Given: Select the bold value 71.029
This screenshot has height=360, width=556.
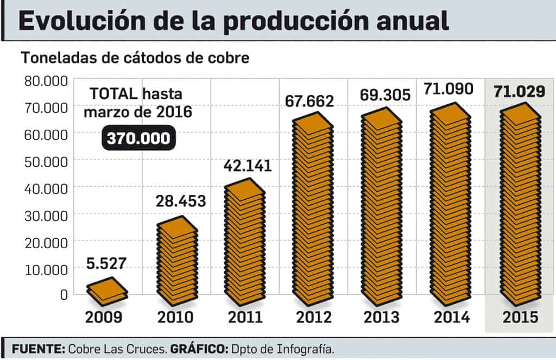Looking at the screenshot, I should point(520,91).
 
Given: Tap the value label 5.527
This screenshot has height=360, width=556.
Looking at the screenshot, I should point(106,264).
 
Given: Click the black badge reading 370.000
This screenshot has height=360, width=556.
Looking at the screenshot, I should point(138,138).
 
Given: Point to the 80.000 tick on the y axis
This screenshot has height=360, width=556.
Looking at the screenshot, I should point(46,81).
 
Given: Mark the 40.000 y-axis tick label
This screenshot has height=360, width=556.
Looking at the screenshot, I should point(46,188).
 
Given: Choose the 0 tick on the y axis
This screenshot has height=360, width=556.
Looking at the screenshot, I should point(63,294).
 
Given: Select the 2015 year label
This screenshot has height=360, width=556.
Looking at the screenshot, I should point(520,317).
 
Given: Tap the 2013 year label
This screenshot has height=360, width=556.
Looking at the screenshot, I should point(382,317).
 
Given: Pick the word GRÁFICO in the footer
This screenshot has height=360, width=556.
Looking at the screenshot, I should point(199,349).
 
